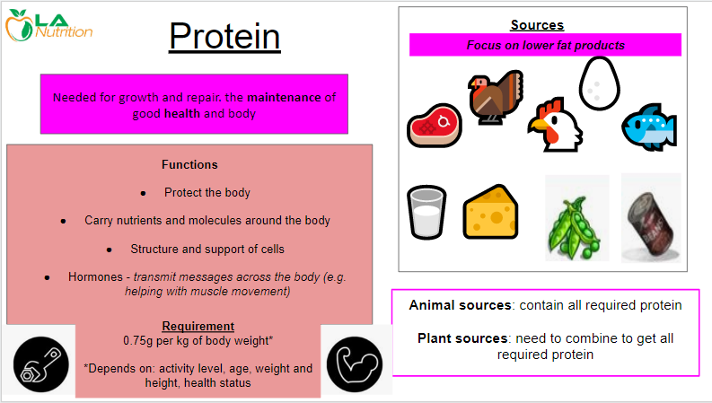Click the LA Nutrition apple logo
coord(19,25)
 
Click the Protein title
coord(224,36)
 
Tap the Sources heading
coord(537,25)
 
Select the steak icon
coord(435,126)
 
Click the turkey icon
coord(496,97)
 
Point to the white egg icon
coord(600,83)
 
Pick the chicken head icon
coord(555,125)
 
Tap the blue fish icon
coord(649,127)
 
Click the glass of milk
coord(426,212)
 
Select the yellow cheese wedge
coord(490,212)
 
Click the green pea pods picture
coord(576,218)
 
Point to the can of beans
coord(651,218)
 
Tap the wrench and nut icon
coord(41,364)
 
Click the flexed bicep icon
coord(355,364)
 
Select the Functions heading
coord(189,165)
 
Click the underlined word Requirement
coord(198,327)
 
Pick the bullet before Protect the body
coord(143,193)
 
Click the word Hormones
coord(95,276)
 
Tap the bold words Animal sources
coord(460,305)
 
